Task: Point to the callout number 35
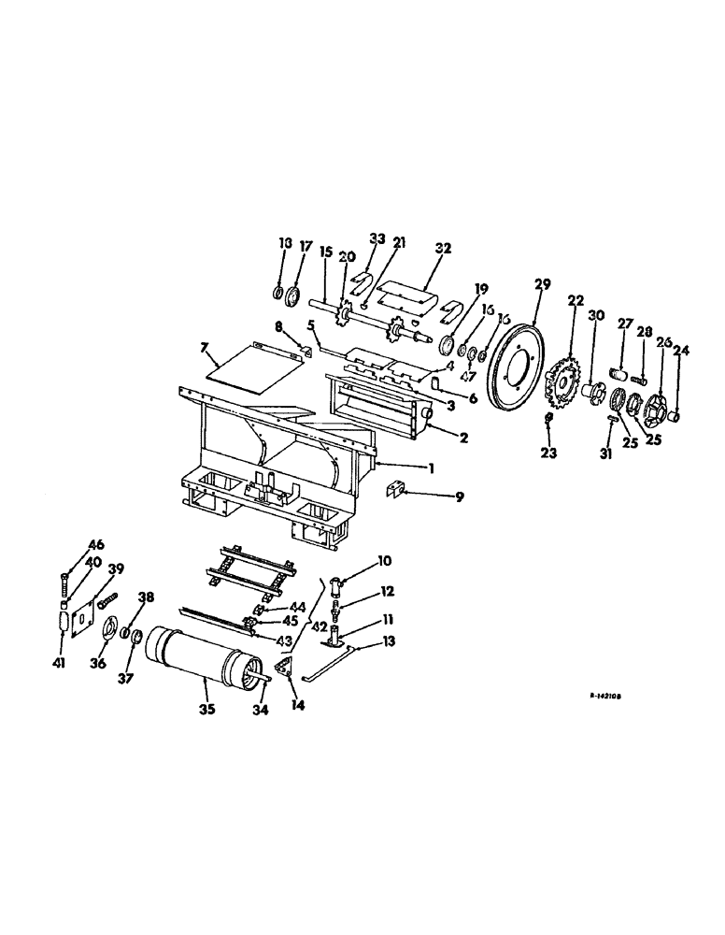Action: click(x=206, y=710)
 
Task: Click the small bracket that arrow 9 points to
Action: click(x=395, y=487)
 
